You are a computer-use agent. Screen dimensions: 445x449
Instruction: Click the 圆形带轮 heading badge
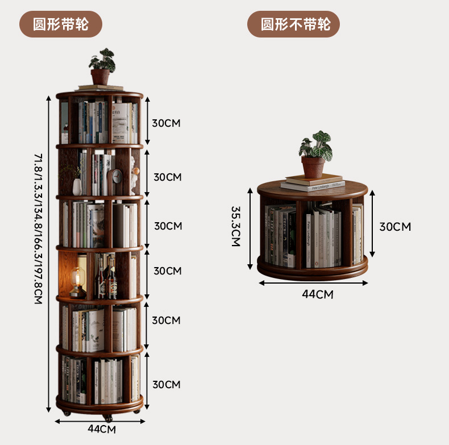coord(61,25)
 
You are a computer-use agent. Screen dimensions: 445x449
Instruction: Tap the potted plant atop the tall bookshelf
coord(101,68)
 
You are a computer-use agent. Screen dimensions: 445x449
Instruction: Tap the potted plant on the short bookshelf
coord(314,153)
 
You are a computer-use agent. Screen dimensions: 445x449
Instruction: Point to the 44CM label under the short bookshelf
coord(317,294)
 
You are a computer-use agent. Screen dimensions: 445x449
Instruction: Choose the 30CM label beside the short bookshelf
coord(395,227)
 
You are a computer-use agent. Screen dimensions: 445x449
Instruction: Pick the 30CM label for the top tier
coord(165,123)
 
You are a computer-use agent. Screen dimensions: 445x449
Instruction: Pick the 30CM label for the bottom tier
coord(167,385)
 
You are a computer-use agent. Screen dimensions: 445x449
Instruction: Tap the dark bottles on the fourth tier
coord(106,278)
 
